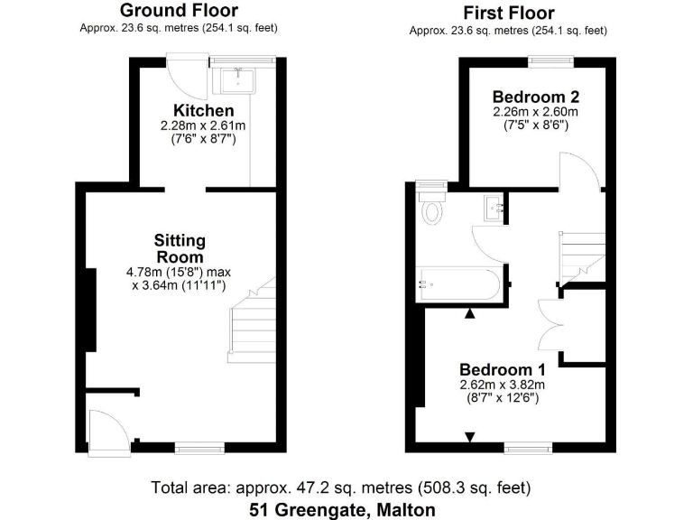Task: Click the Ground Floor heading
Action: coord(179,11)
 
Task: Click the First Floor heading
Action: coord(509,13)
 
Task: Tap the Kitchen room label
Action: coord(209,111)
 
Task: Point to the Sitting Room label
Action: coord(180,247)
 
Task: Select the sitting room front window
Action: coord(199,446)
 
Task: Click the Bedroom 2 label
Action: coord(535,97)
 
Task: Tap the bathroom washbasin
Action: coord(494,207)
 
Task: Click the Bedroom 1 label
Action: coord(502,369)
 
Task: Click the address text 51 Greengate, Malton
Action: coord(342,509)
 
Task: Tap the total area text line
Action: coord(342,487)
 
